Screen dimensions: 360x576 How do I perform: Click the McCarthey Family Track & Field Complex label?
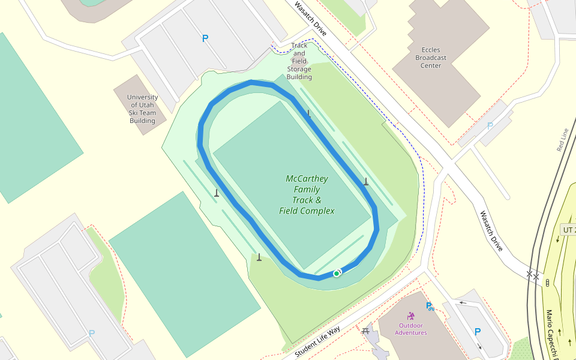click(307, 195)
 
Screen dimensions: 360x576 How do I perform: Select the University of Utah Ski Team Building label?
click(142, 109)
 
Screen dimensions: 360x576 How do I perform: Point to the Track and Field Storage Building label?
click(299, 61)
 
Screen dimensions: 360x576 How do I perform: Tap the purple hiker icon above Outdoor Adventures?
click(411, 316)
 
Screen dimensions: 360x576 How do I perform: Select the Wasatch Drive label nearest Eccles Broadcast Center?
click(310, 19)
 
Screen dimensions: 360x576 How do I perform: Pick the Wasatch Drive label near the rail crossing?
click(491, 230)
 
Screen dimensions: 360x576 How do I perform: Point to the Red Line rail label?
click(562, 139)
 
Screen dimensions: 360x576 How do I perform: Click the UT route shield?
click(568, 230)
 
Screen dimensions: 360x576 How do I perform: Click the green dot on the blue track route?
click(337, 274)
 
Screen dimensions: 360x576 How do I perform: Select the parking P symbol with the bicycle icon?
click(430, 307)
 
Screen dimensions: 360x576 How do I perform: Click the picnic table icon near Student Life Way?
click(365, 331)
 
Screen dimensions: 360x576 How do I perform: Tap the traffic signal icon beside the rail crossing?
click(547, 283)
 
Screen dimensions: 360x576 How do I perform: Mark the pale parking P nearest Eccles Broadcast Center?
click(490, 126)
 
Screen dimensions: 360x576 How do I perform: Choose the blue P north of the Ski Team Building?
click(205, 38)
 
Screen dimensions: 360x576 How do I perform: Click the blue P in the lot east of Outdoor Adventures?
click(478, 332)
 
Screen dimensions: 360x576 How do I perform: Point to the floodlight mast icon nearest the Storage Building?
click(309, 113)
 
